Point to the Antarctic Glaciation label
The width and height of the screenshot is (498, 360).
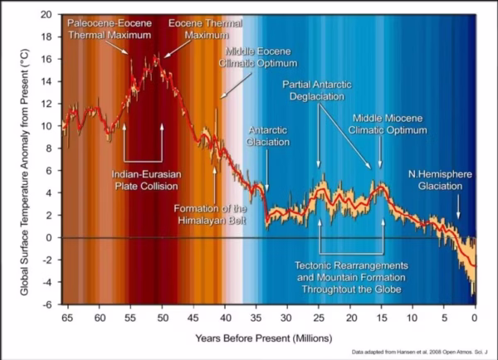(268, 136)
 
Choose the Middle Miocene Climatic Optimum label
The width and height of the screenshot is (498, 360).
(389, 124)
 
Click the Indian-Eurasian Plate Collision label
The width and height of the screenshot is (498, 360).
(144, 180)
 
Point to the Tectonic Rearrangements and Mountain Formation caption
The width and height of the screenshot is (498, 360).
(352, 278)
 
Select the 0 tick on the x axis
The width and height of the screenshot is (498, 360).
(475, 317)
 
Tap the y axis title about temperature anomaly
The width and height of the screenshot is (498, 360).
(22, 159)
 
